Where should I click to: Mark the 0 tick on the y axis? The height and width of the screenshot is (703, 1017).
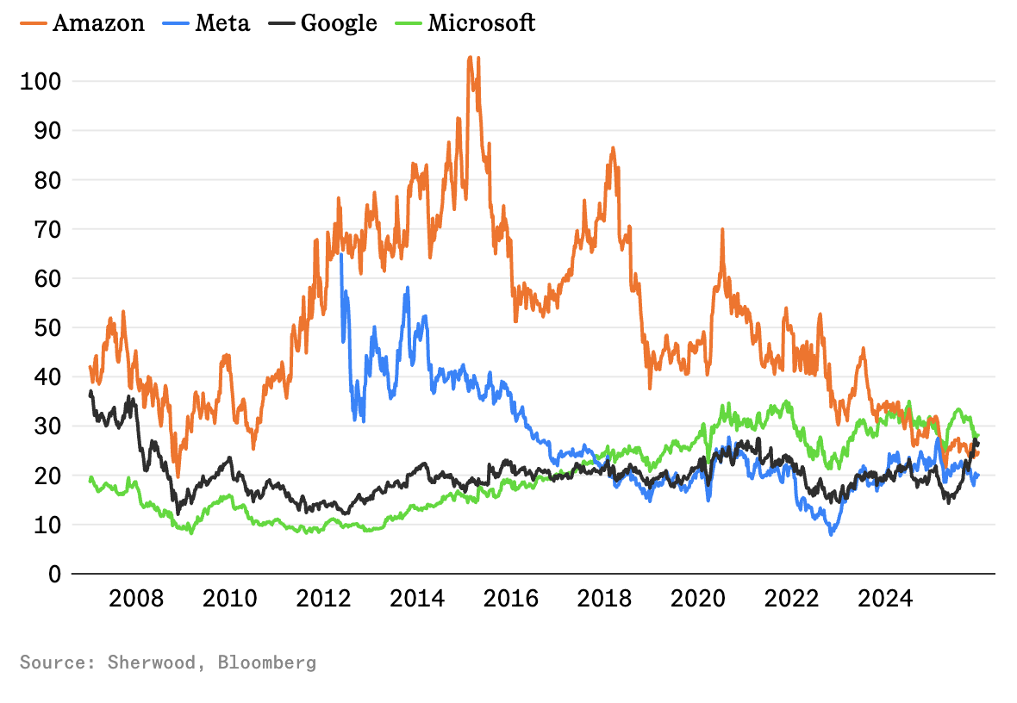click(53, 574)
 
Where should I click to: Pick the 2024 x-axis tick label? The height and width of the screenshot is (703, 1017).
click(885, 597)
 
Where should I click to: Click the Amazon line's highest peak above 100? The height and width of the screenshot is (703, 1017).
click(471, 58)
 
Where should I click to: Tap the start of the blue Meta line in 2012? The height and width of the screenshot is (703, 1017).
click(341, 254)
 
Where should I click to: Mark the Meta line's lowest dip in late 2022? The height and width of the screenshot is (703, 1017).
click(831, 534)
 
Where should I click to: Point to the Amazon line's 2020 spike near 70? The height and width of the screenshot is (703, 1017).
click(722, 229)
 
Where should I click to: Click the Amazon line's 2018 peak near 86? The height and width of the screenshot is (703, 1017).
click(613, 148)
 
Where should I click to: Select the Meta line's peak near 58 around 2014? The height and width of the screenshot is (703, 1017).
click(407, 288)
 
